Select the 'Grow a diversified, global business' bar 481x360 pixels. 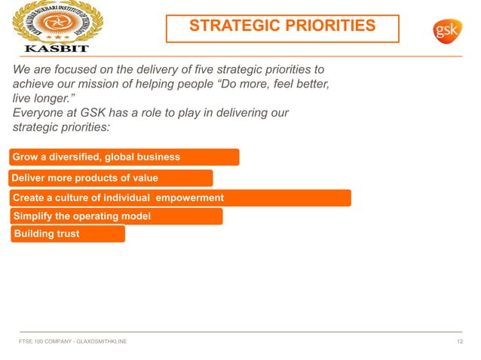point(124,157)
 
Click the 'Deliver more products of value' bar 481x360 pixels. point(110,178)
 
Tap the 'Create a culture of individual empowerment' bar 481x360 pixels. point(179,197)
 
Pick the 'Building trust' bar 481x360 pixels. point(67,233)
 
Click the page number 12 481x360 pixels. point(459,341)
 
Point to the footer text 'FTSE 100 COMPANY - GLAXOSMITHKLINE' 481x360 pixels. point(72,341)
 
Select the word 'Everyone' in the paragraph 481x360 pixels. point(38,112)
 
